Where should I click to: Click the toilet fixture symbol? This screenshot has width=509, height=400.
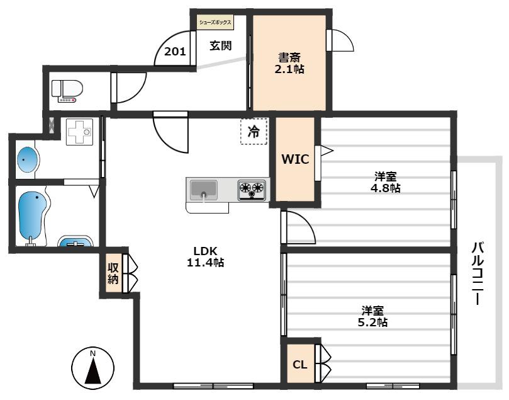click(x=67, y=91)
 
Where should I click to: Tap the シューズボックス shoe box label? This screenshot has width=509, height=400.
click(x=215, y=23)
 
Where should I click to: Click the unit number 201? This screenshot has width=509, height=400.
click(x=175, y=52)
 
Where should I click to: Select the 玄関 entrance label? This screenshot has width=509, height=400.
click(x=220, y=45)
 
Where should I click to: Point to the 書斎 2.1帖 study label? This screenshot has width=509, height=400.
click(x=289, y=64)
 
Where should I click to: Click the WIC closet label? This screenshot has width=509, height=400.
click(x=295, y=159)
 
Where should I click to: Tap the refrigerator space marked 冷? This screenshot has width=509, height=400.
click(x=254, y=131)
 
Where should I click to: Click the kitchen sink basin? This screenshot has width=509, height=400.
click(x=203, y=190)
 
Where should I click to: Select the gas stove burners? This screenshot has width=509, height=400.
click(x=252, y=190)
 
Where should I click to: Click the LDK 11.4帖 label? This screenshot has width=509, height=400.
click(x=206, y=256)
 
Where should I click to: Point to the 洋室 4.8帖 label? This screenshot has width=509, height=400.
click(x=385, y=182)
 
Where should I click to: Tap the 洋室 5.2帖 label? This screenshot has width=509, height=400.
click(x=372, y=316)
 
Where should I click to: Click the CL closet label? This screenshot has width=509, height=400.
click(x=300, y=365)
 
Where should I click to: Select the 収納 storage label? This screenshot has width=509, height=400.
click(x=113, y=273)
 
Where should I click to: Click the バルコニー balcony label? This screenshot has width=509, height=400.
click(x=478, y=273)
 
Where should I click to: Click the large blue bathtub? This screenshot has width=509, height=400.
click(x=31, y=216)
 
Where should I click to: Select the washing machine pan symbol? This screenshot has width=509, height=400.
click(x=79, y=131)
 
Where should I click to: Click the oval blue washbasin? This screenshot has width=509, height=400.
click(x=28, y=159)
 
